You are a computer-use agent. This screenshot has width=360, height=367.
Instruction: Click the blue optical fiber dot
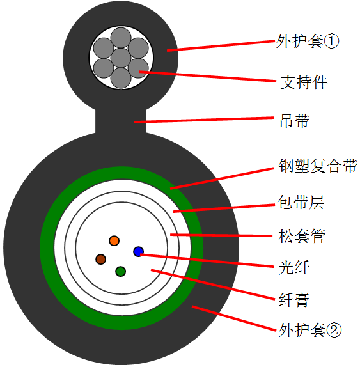coord(138,252)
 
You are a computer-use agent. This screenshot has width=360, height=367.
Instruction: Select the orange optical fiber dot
coord(114,240)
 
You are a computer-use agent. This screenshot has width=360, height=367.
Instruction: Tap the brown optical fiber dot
coord(100,260)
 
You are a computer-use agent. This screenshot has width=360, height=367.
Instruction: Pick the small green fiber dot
coord(121,272)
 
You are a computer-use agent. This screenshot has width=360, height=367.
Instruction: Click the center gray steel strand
coord(121,58)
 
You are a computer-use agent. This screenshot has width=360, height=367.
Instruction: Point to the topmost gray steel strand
coord(121,38)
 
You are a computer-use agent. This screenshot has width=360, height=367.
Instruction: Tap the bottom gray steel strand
coord(121,78)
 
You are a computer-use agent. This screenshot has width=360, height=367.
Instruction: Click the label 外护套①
coord(308,41)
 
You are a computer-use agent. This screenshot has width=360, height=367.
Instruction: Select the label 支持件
coord(304,82)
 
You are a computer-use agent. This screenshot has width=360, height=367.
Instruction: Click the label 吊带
coord(295,121)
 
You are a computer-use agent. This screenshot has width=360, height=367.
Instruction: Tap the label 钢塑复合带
coord(318,166)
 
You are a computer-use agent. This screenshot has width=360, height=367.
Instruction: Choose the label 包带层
coord(301,202)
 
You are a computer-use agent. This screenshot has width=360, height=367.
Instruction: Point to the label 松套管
coord(302,236)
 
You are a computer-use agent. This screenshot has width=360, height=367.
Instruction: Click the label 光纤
coord(294,267)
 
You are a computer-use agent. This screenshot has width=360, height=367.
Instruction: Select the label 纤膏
coord(294,300)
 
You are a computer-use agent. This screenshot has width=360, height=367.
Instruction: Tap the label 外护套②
coord(310,330)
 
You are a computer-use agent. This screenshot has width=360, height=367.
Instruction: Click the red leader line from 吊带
coord(203,120)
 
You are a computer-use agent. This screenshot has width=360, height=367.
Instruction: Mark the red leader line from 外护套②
coord(234,318)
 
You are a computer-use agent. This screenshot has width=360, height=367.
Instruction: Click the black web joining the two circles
coord(121,121)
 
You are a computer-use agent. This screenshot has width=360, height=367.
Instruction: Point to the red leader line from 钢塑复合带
coord(222,178)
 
